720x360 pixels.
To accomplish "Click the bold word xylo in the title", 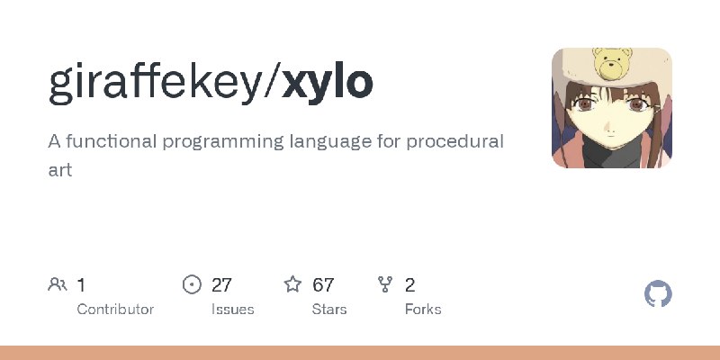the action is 328,83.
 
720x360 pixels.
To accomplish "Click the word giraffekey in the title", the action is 155,83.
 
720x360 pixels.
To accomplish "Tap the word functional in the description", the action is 112,141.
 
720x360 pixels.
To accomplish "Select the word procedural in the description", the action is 454,141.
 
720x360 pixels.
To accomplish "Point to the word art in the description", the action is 60,170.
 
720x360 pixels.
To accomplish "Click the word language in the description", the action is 330,142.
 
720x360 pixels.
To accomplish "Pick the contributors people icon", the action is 58,284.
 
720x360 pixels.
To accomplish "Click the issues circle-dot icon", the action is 192,284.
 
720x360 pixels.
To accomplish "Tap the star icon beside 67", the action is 292,284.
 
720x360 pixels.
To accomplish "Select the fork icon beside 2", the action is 385,284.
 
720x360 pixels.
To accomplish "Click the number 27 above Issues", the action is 221,285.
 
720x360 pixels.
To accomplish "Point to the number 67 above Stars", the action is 323,285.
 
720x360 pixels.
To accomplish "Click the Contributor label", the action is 115,310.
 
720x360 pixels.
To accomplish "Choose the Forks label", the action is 423,310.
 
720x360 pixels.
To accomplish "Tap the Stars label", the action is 329,310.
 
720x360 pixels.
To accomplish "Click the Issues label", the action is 233,310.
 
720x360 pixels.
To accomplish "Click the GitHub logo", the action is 658,294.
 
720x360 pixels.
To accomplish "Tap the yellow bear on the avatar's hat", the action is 612,63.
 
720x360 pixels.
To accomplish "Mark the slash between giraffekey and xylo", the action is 273,83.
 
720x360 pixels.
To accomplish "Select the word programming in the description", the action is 223,142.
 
